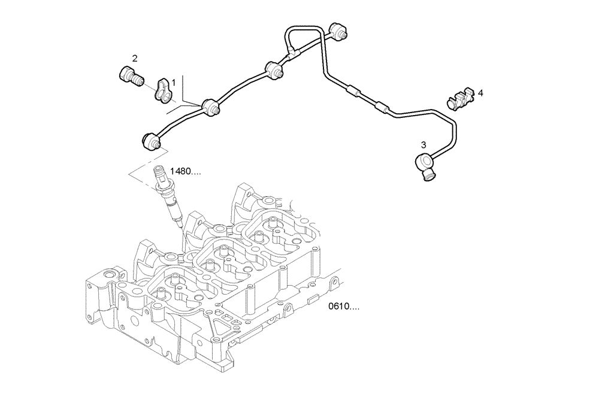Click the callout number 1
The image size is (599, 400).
click(x=174, y=80)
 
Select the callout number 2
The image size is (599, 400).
click(x=135, y=58)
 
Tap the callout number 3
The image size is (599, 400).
click(x=423, y=144)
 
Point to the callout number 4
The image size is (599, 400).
click(x=480, y=93)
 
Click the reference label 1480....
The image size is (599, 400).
click(x=186, y=171)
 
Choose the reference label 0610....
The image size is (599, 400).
click(x=344, y=307)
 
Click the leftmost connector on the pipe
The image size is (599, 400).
click(x=152, y=141)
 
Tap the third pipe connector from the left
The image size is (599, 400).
click(x=275, y=69)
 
